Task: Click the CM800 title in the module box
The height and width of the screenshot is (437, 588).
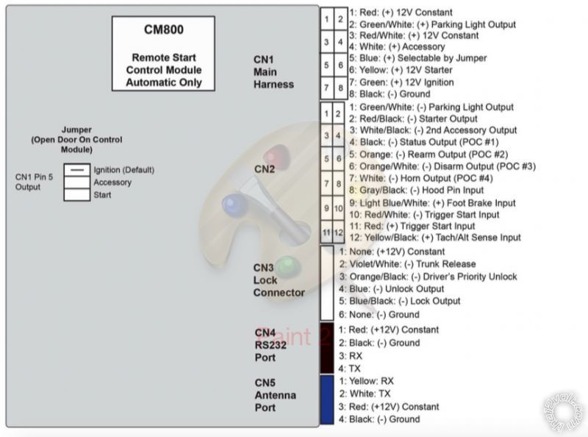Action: (x=163, y=30)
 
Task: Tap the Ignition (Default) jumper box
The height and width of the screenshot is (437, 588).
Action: (x=76, y=170)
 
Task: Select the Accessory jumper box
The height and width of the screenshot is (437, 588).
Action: (x=76, y=182)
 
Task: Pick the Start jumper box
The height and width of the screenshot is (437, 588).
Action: (x=76, y=195)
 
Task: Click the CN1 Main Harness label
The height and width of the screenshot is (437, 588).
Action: (x=273, y=72)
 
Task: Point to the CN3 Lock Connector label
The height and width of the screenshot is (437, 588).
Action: (x=279, y=280)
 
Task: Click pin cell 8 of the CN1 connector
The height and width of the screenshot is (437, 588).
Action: (x=340, y=89)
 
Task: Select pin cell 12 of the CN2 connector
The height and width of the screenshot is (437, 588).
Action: (x=340, y=232)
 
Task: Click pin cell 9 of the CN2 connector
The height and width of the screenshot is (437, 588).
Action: (x=326, y=208)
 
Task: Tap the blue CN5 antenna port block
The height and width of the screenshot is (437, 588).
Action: (x=327, y=399)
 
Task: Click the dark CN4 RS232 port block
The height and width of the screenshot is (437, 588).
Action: (x=327, y=348)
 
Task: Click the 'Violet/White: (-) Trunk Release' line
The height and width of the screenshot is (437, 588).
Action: (x=407, y=264)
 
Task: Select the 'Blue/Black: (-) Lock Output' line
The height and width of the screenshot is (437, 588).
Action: (x=400, y=301)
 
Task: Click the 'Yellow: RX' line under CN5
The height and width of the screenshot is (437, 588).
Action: (x=367, y=381)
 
